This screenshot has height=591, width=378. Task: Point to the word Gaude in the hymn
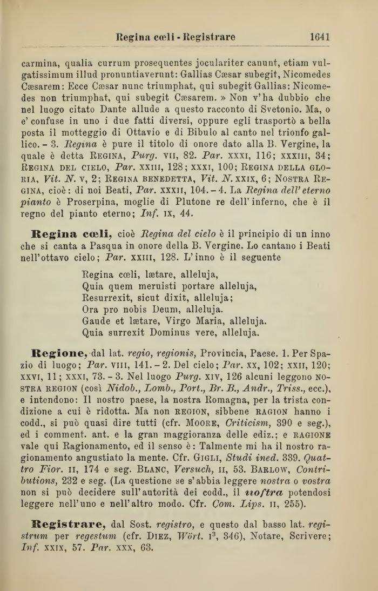(97, 320)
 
